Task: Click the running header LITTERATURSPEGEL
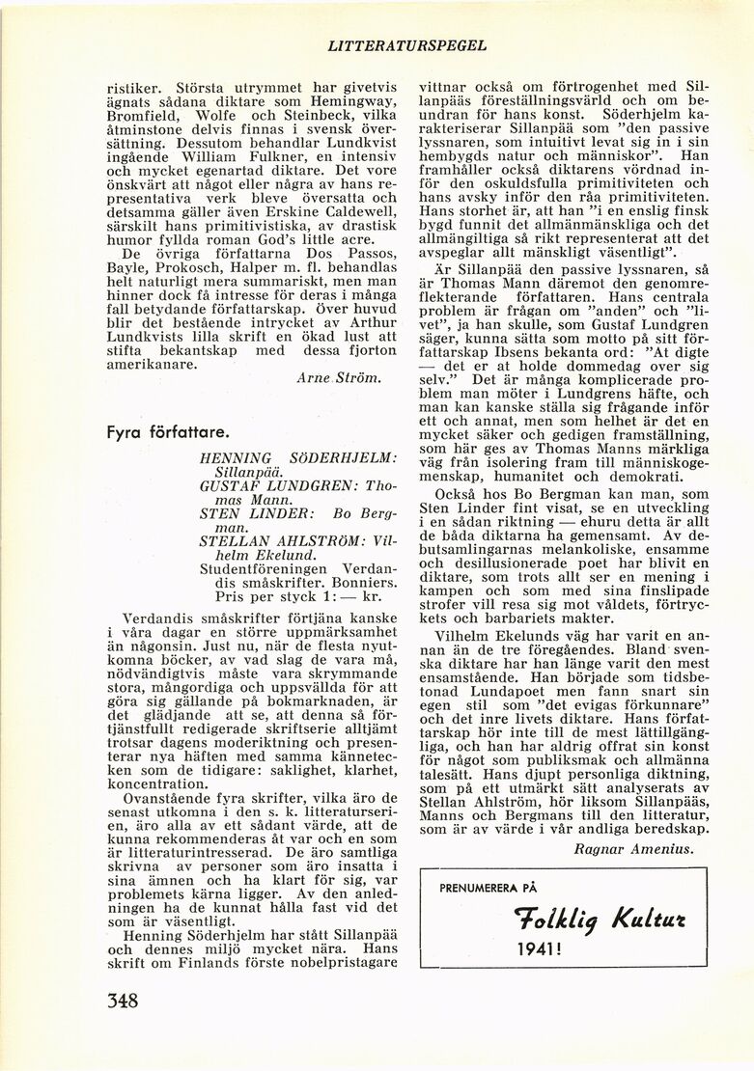[407, 44]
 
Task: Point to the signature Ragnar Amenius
[632, 849]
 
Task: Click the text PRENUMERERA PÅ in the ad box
[489, 889]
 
